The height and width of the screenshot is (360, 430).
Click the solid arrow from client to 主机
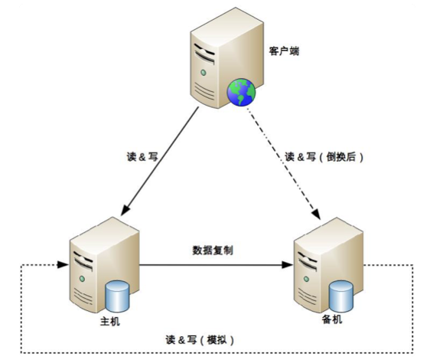pyautogui.click(x=161, y=162)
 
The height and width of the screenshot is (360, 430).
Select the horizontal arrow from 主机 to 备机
pyautogui.click(x=214, y=266)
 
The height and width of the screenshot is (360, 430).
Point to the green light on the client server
pyautogui.click(x=204, y=72)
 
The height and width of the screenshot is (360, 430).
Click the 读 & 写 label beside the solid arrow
pyautogui.click(x=142, y=156)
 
